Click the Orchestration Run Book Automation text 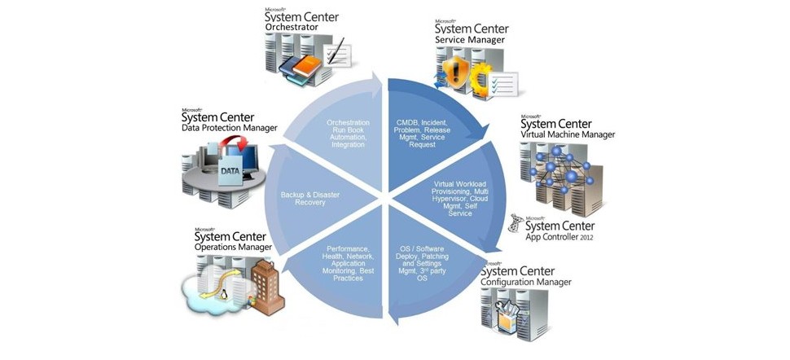coord(347,134)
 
